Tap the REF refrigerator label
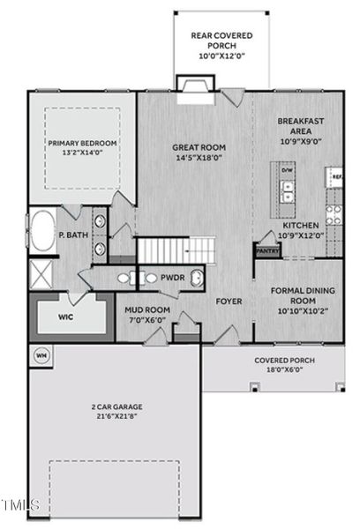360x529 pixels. coord(336,177)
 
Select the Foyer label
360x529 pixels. coord(229,302)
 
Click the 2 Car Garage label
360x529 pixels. coord(116,407)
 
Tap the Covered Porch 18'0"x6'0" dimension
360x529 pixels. coord(279,370)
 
